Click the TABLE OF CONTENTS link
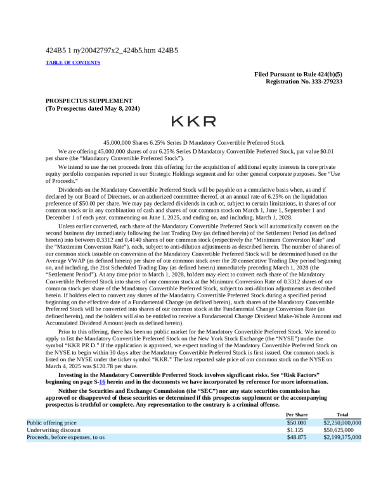[73, 63]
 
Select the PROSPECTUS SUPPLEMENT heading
[89, 101]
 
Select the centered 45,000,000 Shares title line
[193, 143]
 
